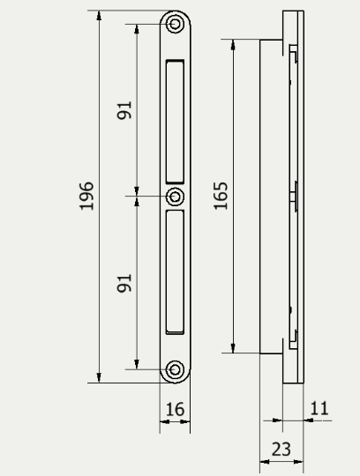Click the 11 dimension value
[x=319, y=408]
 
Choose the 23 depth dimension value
[x=281, y=449]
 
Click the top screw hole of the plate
[x=175, y=23]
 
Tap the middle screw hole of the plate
[x=175, y=196]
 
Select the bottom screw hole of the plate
[x=175, y=369]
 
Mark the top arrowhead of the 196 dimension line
[x=99, y=16]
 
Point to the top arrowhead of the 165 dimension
[x=234, y=43]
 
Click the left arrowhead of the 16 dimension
[x=163, y=421]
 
